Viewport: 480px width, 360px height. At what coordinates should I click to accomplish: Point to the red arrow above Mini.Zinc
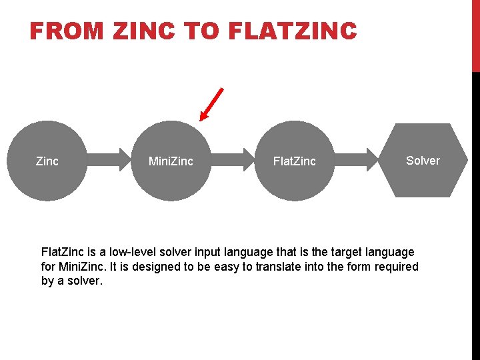pyautogui.click(x=212, y=105)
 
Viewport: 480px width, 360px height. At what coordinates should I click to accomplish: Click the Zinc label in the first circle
pyautogui.click(x=47, y=161)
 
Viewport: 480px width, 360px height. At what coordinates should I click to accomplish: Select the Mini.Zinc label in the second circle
pyautogui.click(x=171, y=161)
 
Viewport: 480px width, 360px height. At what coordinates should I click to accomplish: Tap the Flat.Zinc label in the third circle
pyautogui.click(x=295, y=161)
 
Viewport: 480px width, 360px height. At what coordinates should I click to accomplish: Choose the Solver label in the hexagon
pyautogui.click(x=423, y=160)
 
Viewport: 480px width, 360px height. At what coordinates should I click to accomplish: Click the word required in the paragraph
pyautogui.click(x=398, y=267)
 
